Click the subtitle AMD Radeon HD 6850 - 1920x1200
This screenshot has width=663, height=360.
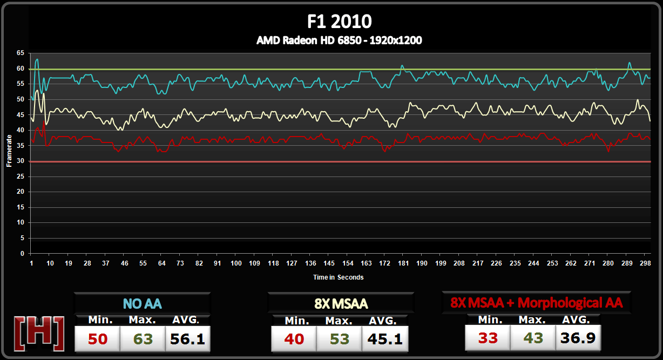click(339, 40)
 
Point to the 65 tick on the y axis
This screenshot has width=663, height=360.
click(21, 53)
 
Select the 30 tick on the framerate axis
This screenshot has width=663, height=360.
click(21, 161)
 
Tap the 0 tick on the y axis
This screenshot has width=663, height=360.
click(22, 253)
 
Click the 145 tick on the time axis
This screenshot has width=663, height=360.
click(329, 263)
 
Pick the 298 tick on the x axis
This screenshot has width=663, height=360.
click(645, 263)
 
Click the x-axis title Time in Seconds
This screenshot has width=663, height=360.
click(339, 277)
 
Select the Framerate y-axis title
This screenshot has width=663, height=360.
click(9, 153)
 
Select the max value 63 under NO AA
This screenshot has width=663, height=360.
click(142, 339)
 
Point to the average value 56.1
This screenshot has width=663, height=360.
click(187, 339)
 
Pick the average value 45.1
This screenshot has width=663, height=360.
click(384, 339)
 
